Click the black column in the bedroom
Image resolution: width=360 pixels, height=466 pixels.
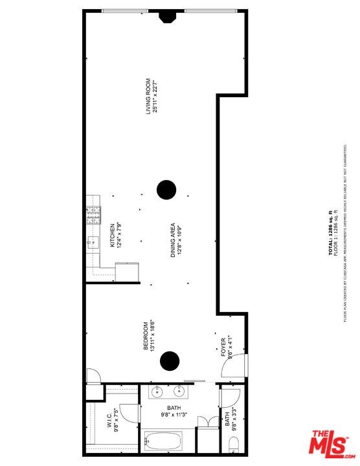coord(170,361)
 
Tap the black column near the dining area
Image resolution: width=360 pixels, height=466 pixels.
coord(166,190)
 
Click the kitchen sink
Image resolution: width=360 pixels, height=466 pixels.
coord(92,243)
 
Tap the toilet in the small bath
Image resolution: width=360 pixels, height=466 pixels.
coord(234,444)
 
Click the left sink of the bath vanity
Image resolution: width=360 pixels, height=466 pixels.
coord(158,392)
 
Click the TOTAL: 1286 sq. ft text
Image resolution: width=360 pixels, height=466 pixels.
coord(331,234)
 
